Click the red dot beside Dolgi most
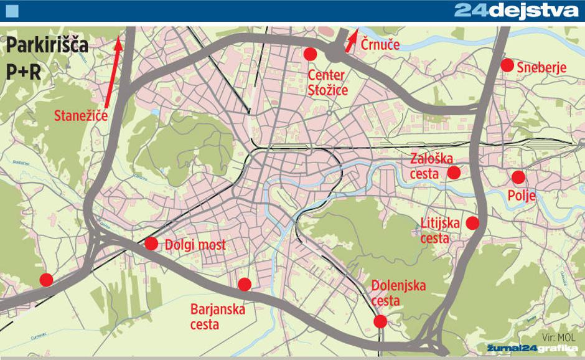(x=151, y=243)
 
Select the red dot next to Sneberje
(x=507, y=64)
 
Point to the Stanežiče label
(x=82, y=115)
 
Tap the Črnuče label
(x=381, y=45)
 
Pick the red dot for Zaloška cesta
(x=454, y=172)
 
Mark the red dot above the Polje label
(x=518, y=177)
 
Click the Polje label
(x=522, y=197)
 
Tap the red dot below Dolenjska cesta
(x=380, y=321)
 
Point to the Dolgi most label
(x=195, y=245)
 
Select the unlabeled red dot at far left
(x=46, y=280)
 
